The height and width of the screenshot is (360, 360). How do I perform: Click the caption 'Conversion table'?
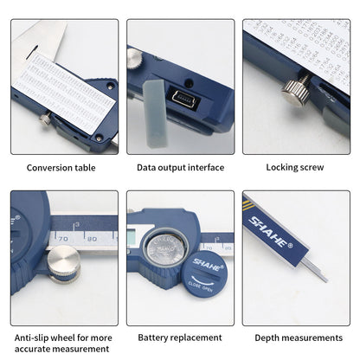(x=61, y=167)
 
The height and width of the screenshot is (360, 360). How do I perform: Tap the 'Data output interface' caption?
(x=180, y=167)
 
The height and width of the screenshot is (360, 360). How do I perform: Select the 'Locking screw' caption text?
(x=297, y=167)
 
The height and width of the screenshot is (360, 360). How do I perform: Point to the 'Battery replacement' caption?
(x=180, y=337)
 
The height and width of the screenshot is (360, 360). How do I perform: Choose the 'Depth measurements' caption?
(x=299, y=337)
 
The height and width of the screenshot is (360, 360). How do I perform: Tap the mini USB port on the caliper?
(x=185, y=100)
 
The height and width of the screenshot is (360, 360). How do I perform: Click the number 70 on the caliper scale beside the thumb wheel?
(x=64, y=236)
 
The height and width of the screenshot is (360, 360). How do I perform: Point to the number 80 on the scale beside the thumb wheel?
(x=92, y=236)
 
